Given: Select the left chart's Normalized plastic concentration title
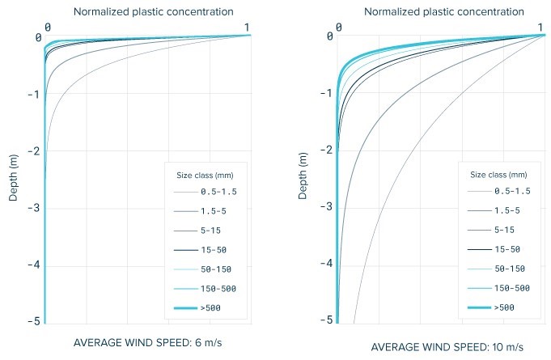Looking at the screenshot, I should tap(153, 11).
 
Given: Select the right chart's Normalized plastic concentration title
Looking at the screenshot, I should tap(443, 11).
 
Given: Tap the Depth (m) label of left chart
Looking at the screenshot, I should tap(13, 176).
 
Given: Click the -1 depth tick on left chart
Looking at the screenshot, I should tap(32, 95).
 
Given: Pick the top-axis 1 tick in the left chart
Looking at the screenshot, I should tap(248, 28).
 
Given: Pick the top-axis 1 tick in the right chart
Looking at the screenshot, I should tap(541, 28).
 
